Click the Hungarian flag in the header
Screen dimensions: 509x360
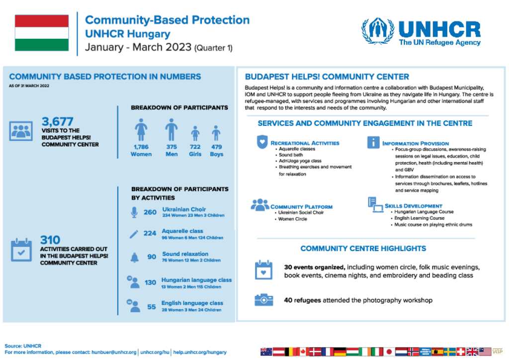(42, 33)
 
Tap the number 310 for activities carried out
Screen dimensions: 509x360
(50, 239)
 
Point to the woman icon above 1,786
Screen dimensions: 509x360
(141, 130)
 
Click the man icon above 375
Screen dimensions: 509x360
(171, 130)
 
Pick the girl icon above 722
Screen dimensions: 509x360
(195, 133)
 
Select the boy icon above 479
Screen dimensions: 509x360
(216, 133)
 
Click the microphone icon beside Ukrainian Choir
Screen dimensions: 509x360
(134, 212)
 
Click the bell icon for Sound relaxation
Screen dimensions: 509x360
(134, 257)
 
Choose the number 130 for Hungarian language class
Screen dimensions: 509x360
(150, 283)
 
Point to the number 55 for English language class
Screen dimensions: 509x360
(152, 307)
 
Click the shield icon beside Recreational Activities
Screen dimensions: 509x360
(262, 142)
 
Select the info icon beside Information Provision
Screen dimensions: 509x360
(373, 142)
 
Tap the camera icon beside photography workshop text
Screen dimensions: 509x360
(263, 299)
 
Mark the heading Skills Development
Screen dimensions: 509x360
(413, 206)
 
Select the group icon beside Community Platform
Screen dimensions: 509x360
(260, 204)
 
